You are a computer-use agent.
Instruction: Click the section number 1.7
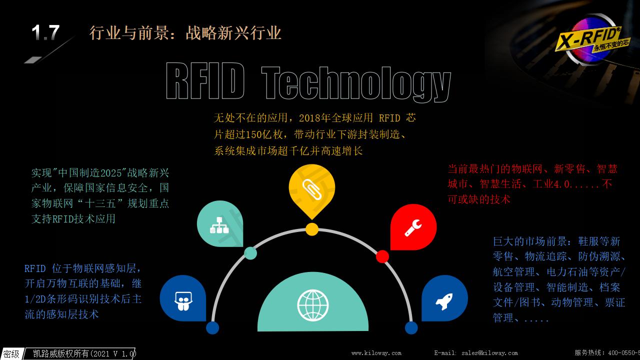click(45, 32)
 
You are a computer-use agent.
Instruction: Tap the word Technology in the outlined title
click(356, 83)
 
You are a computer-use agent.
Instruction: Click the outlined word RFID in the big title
click(205, 81)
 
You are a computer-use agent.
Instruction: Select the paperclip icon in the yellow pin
click(312, 189)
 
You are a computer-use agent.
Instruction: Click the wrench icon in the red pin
click(413, 227)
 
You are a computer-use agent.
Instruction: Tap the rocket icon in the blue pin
click(444, 301)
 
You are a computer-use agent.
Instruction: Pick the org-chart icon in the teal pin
click(219, 225)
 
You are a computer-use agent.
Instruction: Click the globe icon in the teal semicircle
click(313, 305)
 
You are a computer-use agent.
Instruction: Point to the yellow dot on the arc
click(312, 229)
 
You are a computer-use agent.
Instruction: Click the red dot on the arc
click(382, 256)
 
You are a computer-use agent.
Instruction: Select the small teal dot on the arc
click(250, 253)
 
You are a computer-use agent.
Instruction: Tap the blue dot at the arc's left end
click(212, 327)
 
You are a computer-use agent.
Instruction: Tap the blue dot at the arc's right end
click(411, 327)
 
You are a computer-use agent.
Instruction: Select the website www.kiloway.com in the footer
click(376, 353)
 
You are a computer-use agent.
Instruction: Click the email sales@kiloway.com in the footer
click(489, 353)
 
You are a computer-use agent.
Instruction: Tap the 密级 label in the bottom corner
click(11, 354)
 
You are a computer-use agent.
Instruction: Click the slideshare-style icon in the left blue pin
click(183, 301)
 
